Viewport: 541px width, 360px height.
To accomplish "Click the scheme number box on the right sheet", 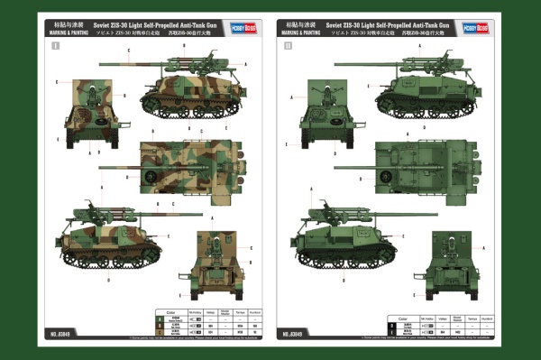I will [x=289, y=43].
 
